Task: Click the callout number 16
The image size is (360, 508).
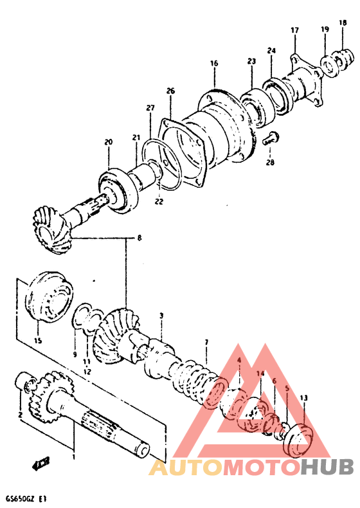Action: pos(214,63)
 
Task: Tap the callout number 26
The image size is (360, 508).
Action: pos(170,91)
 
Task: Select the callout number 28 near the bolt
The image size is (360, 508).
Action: pos(270,162)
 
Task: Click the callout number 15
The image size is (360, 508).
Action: pos(37,340)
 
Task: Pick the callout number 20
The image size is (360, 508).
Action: pos(108,142)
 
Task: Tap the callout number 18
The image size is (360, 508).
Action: pos(343,23)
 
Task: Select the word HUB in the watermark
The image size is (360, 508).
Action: pos(323,467)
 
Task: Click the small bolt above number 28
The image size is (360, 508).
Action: pos(271,137)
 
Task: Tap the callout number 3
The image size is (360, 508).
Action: pos(161,316)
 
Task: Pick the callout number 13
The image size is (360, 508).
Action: pos(303,398)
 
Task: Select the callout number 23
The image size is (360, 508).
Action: pos(251,62)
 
